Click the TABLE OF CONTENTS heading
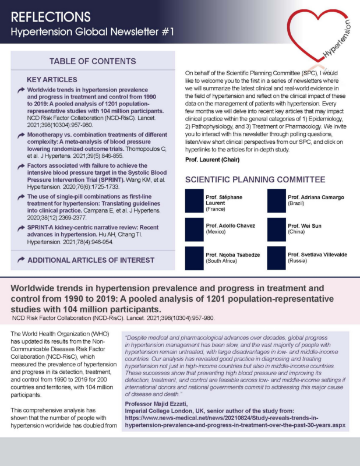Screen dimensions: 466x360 tap(93, 62)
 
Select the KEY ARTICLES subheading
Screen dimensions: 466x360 tap(52, 79)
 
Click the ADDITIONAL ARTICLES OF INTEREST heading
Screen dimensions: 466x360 tap(91, 259)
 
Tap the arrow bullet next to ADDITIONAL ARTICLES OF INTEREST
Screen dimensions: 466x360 tap(21, 259)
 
